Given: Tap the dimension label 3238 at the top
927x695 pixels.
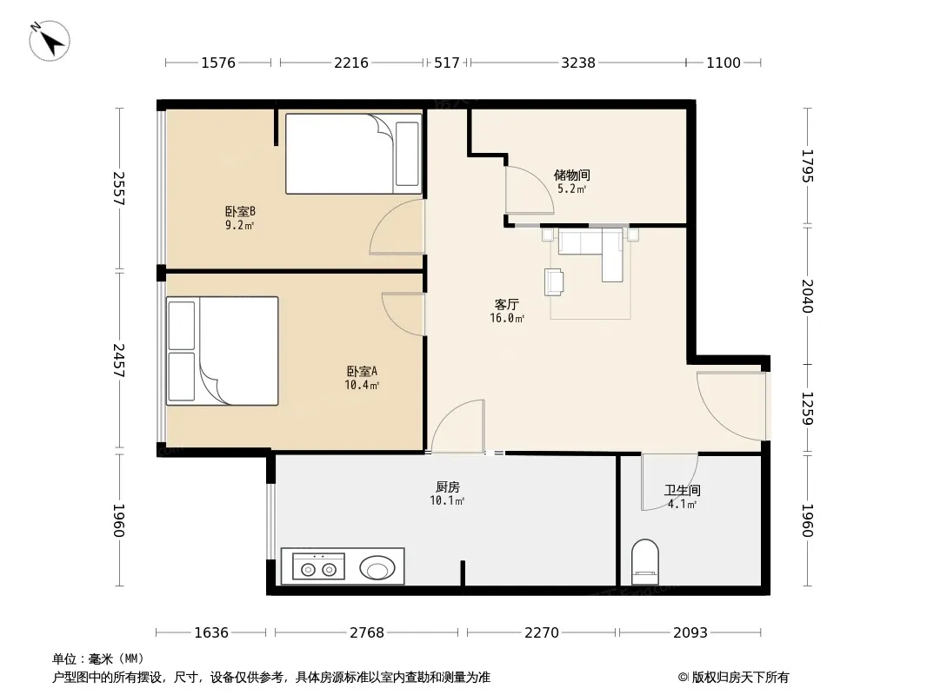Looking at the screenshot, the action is point(578,63).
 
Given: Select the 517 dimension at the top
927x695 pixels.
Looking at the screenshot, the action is point(446,63).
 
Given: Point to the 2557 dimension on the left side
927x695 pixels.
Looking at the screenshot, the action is point(119,189).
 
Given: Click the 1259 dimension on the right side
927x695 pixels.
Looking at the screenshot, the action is point(808,408).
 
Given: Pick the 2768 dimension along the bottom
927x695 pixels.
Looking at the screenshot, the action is point(367,632).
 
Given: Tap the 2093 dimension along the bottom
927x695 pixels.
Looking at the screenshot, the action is point(690,632).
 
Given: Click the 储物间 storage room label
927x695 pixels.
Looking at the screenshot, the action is point(571,175).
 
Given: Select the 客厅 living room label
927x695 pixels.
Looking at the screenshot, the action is point(507,304).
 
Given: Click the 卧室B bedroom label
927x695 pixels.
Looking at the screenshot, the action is point(240,211).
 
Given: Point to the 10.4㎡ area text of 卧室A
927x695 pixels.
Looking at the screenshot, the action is point(362,385).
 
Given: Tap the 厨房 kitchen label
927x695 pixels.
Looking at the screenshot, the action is point(448,487).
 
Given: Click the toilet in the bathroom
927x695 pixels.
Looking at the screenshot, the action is point(645,561).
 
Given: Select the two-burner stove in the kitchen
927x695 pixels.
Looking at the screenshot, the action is point(318,566).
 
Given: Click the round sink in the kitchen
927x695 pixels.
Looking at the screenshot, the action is point(377,568).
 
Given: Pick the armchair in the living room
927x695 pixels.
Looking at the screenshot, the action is point(554,281).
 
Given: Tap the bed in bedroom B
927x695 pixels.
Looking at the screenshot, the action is point(354,154).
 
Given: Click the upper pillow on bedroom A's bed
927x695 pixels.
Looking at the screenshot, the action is point(182,326).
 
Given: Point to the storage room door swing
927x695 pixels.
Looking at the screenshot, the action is point(529,189).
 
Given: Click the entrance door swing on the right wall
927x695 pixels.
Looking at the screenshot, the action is point(731,406).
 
